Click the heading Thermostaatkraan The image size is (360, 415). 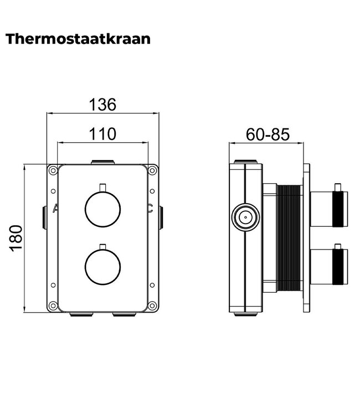(78, 39)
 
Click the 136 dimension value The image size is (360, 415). (102, 104)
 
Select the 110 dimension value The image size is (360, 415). (102, 133)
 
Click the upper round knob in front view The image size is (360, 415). (102, 209)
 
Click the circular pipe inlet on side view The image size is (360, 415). (244, 217)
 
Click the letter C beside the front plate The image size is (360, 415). (150, 209)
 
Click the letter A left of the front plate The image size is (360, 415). (54, 209)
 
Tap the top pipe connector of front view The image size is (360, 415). (102, 162)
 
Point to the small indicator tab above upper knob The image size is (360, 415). (102, 186)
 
